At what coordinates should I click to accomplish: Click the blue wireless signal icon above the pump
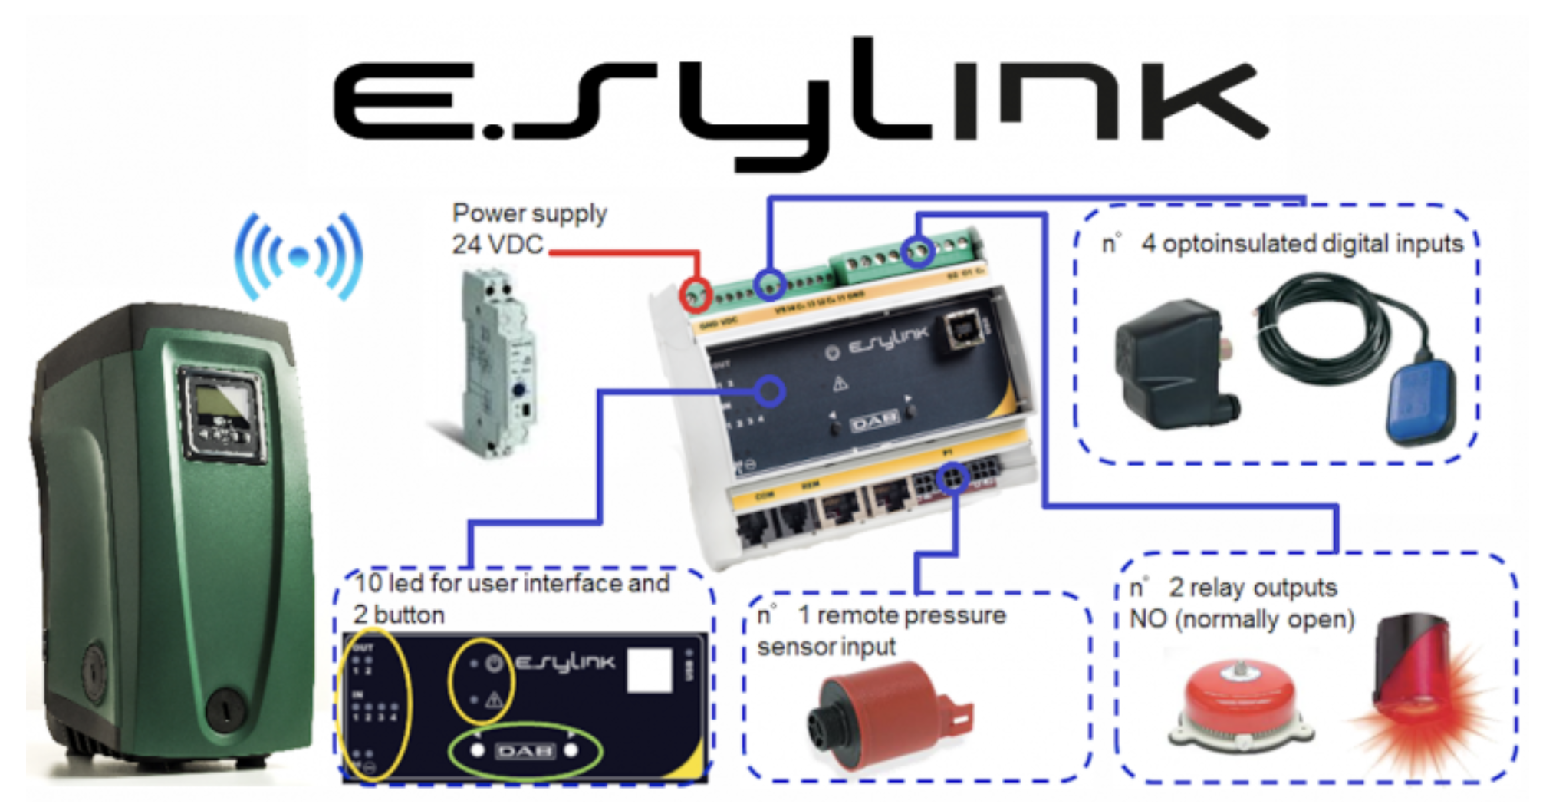pos(299,256)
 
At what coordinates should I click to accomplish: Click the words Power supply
pos(529,213)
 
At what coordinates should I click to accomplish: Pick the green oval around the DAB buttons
pos(525,751)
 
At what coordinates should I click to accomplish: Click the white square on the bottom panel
pos(650,670)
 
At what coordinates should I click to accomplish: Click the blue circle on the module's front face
pos(769,391)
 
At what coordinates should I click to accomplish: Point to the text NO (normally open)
pos(1242,619)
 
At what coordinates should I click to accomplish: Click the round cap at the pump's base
pos(225,707)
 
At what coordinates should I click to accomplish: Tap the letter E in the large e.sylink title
pos(406,101)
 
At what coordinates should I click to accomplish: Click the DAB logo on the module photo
pos(874,420)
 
